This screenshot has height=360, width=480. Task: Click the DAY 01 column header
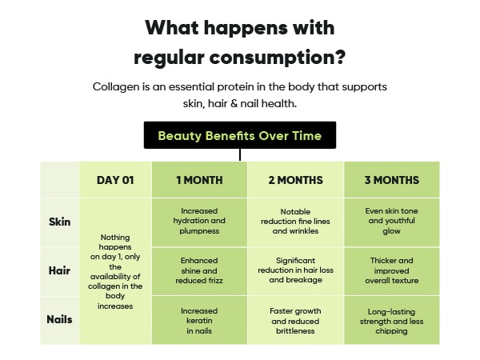115,180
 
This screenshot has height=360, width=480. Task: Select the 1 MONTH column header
199,180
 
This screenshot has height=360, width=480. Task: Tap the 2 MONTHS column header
295,180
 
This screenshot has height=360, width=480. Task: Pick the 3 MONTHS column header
391,180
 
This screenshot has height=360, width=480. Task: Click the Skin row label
60,222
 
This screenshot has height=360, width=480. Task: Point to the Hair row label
59,270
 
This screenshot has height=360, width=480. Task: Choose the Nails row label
59,319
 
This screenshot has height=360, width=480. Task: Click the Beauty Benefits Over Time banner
240,135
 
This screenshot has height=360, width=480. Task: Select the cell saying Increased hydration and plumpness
199,222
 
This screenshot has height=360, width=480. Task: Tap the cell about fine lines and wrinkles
295,222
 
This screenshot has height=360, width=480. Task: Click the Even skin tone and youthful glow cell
391,222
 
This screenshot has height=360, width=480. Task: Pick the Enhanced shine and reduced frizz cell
199,271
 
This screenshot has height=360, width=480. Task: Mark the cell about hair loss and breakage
295,271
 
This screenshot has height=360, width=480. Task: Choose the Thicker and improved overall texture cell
391,271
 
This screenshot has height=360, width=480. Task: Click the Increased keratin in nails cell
199,320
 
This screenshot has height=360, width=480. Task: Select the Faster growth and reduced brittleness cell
295,320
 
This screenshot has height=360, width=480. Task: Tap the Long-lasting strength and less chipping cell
391,320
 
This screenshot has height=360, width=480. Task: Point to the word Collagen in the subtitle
116,87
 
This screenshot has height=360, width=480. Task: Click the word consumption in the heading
277,58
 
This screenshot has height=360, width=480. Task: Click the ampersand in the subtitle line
234,103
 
